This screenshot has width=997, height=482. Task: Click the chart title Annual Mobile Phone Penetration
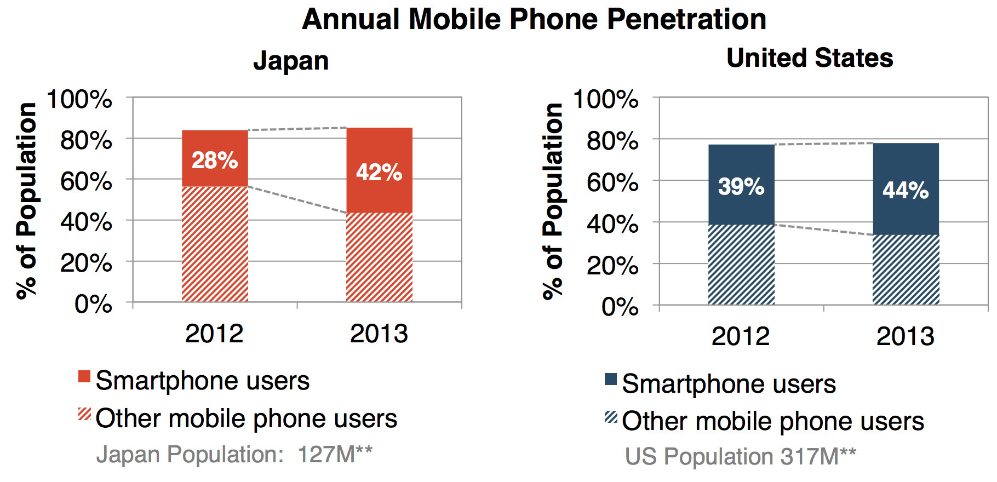534,20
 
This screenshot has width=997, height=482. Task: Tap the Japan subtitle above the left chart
291,60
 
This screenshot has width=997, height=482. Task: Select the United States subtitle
809,58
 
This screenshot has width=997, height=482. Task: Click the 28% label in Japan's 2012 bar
215,160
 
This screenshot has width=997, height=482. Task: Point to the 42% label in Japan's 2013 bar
379,173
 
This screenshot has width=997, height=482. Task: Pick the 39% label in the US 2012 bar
741,187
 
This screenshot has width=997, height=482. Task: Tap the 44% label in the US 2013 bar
906,191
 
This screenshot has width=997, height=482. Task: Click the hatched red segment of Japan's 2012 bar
215,244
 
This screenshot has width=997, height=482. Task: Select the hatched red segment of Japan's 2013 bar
379,257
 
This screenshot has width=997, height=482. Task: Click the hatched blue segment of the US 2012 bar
741,265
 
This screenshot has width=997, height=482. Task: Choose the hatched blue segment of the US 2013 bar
906,269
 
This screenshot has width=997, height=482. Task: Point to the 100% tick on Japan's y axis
80,100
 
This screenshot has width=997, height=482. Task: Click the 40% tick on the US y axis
612,224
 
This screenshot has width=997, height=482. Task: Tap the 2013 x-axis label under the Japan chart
379,334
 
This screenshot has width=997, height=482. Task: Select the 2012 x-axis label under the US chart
741,336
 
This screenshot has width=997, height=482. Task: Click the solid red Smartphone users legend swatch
84,377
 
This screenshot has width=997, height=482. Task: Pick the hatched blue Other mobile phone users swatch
611,417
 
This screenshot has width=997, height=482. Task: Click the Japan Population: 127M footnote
234,455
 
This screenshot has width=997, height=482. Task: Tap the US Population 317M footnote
740,456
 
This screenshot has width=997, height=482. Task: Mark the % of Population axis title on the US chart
553,201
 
